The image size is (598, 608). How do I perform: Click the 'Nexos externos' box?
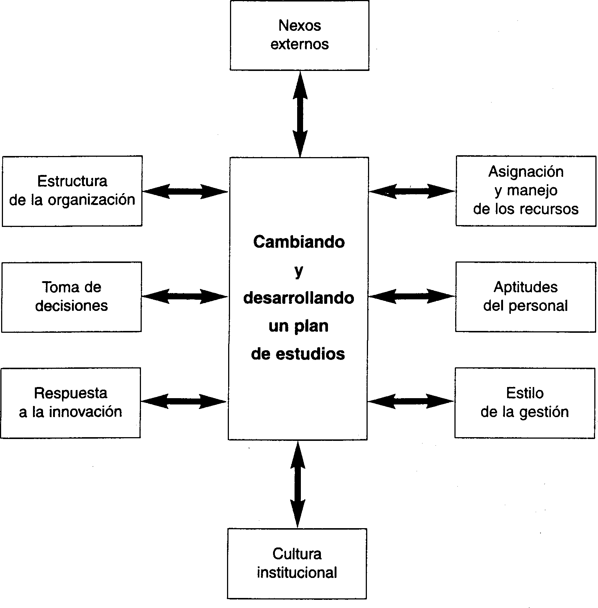[x=299, y=35]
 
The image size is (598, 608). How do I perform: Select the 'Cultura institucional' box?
[x=297, y=563]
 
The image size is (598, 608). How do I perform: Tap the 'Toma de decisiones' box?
[x=71, y=297]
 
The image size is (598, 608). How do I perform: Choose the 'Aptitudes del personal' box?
[x=525, y=297]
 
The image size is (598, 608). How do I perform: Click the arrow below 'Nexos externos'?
[x=300, y=114]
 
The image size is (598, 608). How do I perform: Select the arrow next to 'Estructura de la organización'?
[x=185, y=191]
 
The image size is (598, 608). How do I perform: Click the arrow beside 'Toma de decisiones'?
[x=184, y=296]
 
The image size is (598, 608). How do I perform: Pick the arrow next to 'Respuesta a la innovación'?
[x=184, y=401]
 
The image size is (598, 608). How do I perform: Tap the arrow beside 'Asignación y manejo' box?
[x=412, y=191]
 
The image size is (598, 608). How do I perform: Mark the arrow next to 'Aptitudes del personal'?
[x=411, y=296]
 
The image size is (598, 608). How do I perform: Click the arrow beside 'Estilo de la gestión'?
[x=411, y=401]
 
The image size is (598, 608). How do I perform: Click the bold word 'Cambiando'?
[x=299, y=242]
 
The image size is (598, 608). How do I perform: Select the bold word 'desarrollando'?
[x=299, y=298]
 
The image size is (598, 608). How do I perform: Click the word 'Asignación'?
[x=526, y=172]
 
